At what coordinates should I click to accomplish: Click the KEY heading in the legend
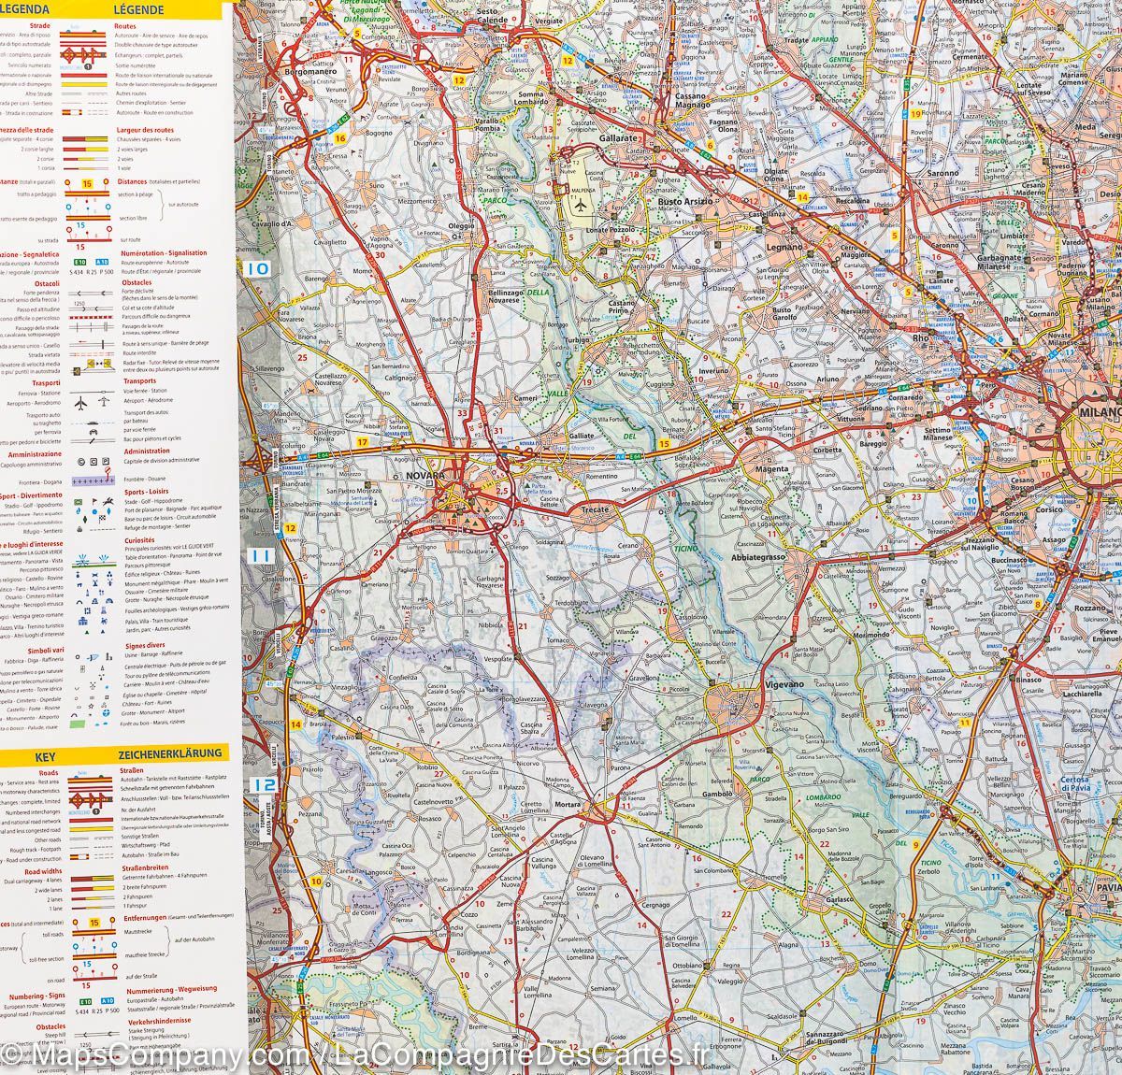click(x=46, y=752)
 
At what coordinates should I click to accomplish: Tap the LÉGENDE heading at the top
click(x=138, y=10)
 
